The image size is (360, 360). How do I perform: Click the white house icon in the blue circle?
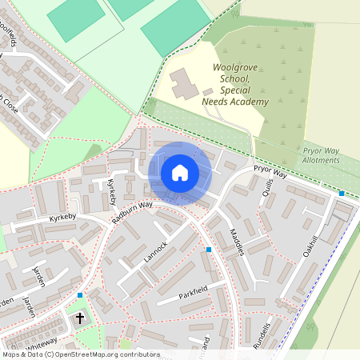[x=180, y=173]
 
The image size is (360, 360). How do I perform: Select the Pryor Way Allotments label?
[x=322, y=155]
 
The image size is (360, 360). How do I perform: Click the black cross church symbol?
[x=79, y=318]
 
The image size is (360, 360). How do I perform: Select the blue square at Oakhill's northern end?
[x=342, y=194]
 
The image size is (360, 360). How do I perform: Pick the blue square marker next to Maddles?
[x=209, y=250]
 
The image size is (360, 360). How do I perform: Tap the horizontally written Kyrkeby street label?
[x=39, y=217]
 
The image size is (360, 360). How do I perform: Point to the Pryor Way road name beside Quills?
[x=270, y=171]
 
